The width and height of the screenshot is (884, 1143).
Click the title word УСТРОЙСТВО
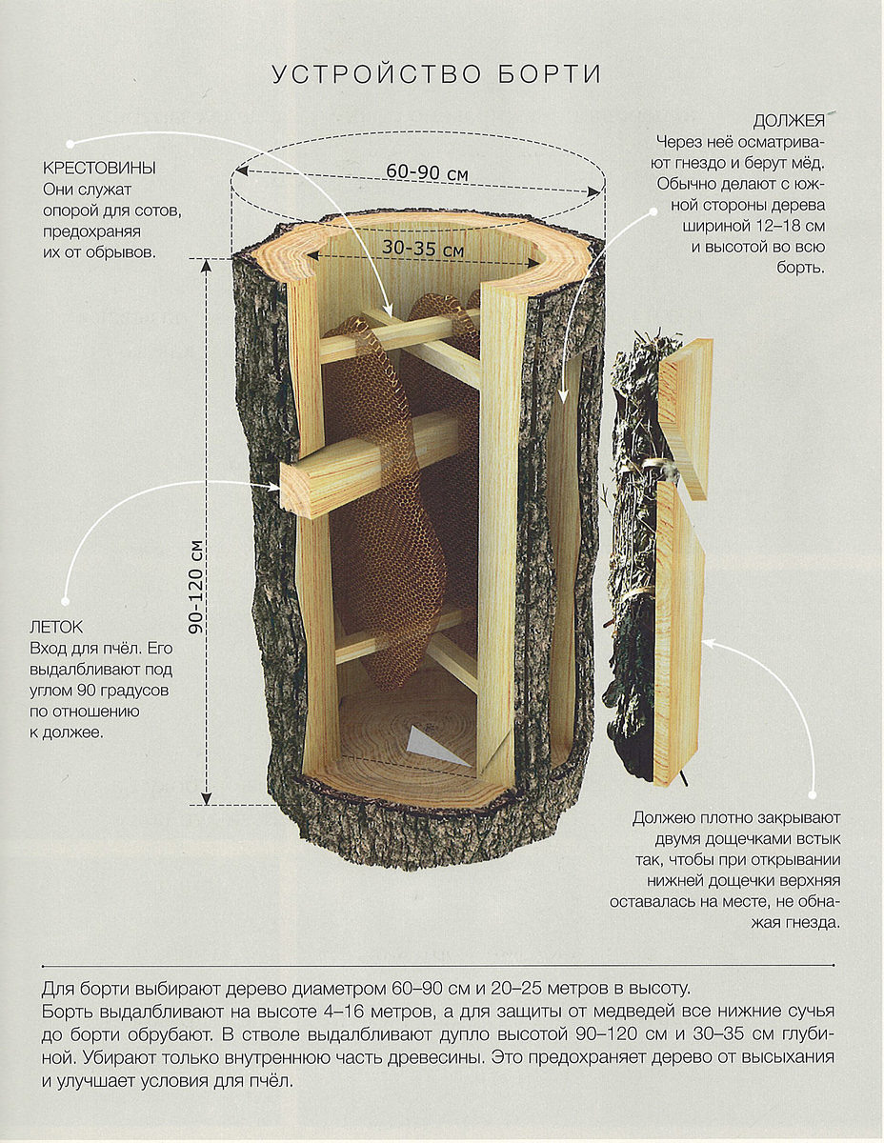377,74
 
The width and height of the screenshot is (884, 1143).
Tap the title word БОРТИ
550,74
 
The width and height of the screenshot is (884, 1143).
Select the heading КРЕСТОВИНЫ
99,169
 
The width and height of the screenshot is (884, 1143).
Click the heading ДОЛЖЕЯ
789,122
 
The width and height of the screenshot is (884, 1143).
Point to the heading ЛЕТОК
57,628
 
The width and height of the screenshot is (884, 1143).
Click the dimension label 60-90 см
427,172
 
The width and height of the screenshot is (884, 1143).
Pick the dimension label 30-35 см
423,248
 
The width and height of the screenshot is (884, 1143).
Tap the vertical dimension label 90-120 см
196,587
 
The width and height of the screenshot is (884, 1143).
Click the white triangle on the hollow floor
433,747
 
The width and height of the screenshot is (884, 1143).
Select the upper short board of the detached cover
686,418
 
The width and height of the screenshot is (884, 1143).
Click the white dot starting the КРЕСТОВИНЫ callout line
70,143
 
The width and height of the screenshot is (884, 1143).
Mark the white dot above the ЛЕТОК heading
65,602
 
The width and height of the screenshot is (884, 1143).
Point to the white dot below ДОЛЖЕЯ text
653,211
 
